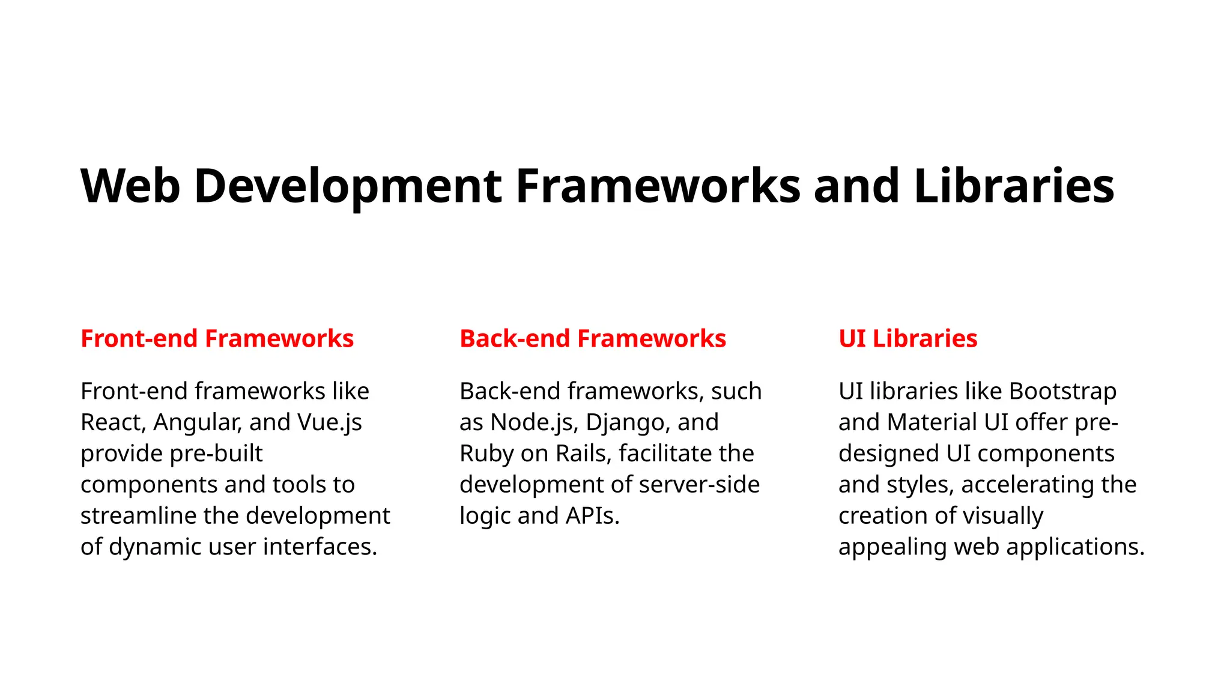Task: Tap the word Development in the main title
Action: tap(348, 186)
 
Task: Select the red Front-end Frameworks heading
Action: tap(217, 339)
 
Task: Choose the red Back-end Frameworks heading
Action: tap(593, 339)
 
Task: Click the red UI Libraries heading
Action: tap(907, 339)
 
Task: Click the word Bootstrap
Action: tap(1062, 391)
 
